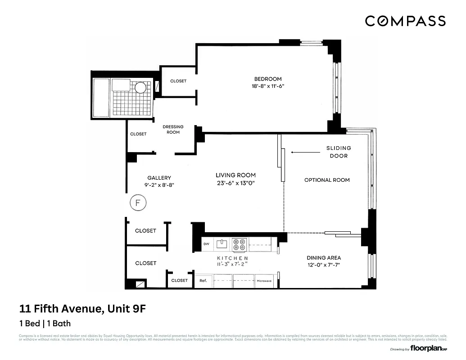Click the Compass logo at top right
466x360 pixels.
coord(405,21)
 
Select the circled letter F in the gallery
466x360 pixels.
coord(138,203)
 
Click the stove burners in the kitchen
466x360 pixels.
coord(239,245)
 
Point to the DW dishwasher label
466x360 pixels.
coord(206,244)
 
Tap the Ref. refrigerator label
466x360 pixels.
coord(203,281)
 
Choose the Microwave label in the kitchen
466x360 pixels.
coord(264,281)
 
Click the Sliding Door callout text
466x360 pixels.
coord(339,152)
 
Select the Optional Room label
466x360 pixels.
coord(327,180)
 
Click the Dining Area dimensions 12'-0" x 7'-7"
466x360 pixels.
coord(324,265)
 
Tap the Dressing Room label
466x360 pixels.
coord(173,129)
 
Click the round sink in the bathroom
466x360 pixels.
coord(140,87)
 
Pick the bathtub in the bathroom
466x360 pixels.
coord(101,97)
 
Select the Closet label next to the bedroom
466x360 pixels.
coord(178,81)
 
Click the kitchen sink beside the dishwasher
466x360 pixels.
coord(221,244)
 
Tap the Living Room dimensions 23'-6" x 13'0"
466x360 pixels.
coord(235,183)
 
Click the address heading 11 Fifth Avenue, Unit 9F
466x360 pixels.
coord(83,309)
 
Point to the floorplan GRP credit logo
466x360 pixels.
coord(428,348)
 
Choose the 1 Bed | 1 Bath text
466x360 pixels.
coord(45,323)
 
